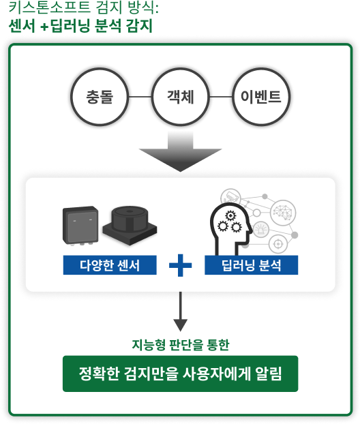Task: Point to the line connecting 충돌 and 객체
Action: [x=140, y=97]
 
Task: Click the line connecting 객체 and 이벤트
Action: [x=221, y=97]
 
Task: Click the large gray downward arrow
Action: [x=181, y=151]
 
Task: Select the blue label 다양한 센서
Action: [x=110, y=265]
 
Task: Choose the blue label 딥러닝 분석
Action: [x=252, y=265]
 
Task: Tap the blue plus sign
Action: [x=181, y=265]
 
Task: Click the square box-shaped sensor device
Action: [x=80, y=226]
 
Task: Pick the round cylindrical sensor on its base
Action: [x=130, y=226]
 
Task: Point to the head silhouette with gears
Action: [x=230, y=229]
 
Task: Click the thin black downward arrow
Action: [x=180, y=312]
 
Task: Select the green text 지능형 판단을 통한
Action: [x=181, y=345]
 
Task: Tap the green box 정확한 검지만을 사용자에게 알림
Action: [x=181, y=374]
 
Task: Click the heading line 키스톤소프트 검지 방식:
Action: [x=84, y=7]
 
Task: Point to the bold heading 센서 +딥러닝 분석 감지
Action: [x=81, y=26]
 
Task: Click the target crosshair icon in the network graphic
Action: [x=277, y=244]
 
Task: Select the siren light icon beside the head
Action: [x=260, y=229]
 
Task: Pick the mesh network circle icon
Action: [x=283, y=213]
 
